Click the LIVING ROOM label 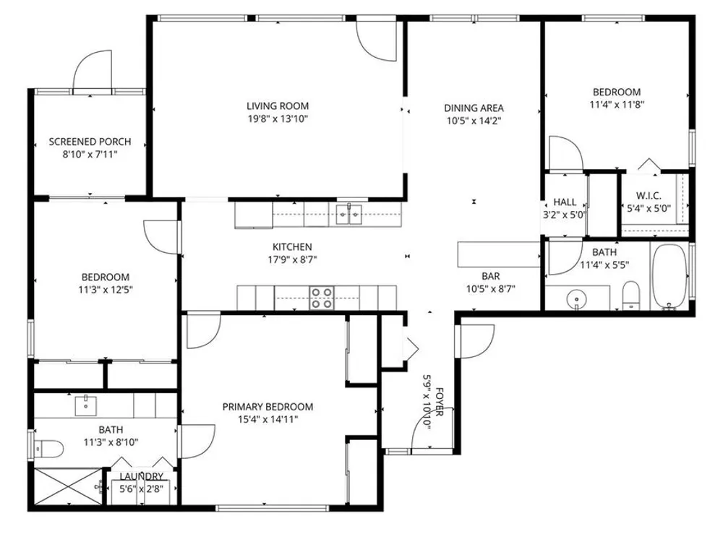[x=278, y=106]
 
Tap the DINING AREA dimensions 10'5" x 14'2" [x=474, y=121]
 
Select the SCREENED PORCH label [x=90, y=142]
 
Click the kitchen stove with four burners [x=322, y=298]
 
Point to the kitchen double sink [x=348, y=214]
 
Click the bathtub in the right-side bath [x=669, y=276]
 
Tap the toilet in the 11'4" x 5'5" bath [x=630, y=296]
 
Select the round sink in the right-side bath [x=576, y=299]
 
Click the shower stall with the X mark [x=67, y=486]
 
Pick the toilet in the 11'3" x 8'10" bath [x=49, y=449]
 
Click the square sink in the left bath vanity [x=86, y=405]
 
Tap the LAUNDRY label [x=142, y=476]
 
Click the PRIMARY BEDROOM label [x=268, y=407]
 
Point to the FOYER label [x=440, y=402]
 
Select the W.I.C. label [x=649, y=195]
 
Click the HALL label [x=565, y=202]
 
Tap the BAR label [x=491, y=276]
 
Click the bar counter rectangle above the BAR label [x=499, y=254]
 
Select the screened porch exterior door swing [x=93, y=69]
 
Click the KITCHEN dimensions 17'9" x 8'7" [x=292, y=260]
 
